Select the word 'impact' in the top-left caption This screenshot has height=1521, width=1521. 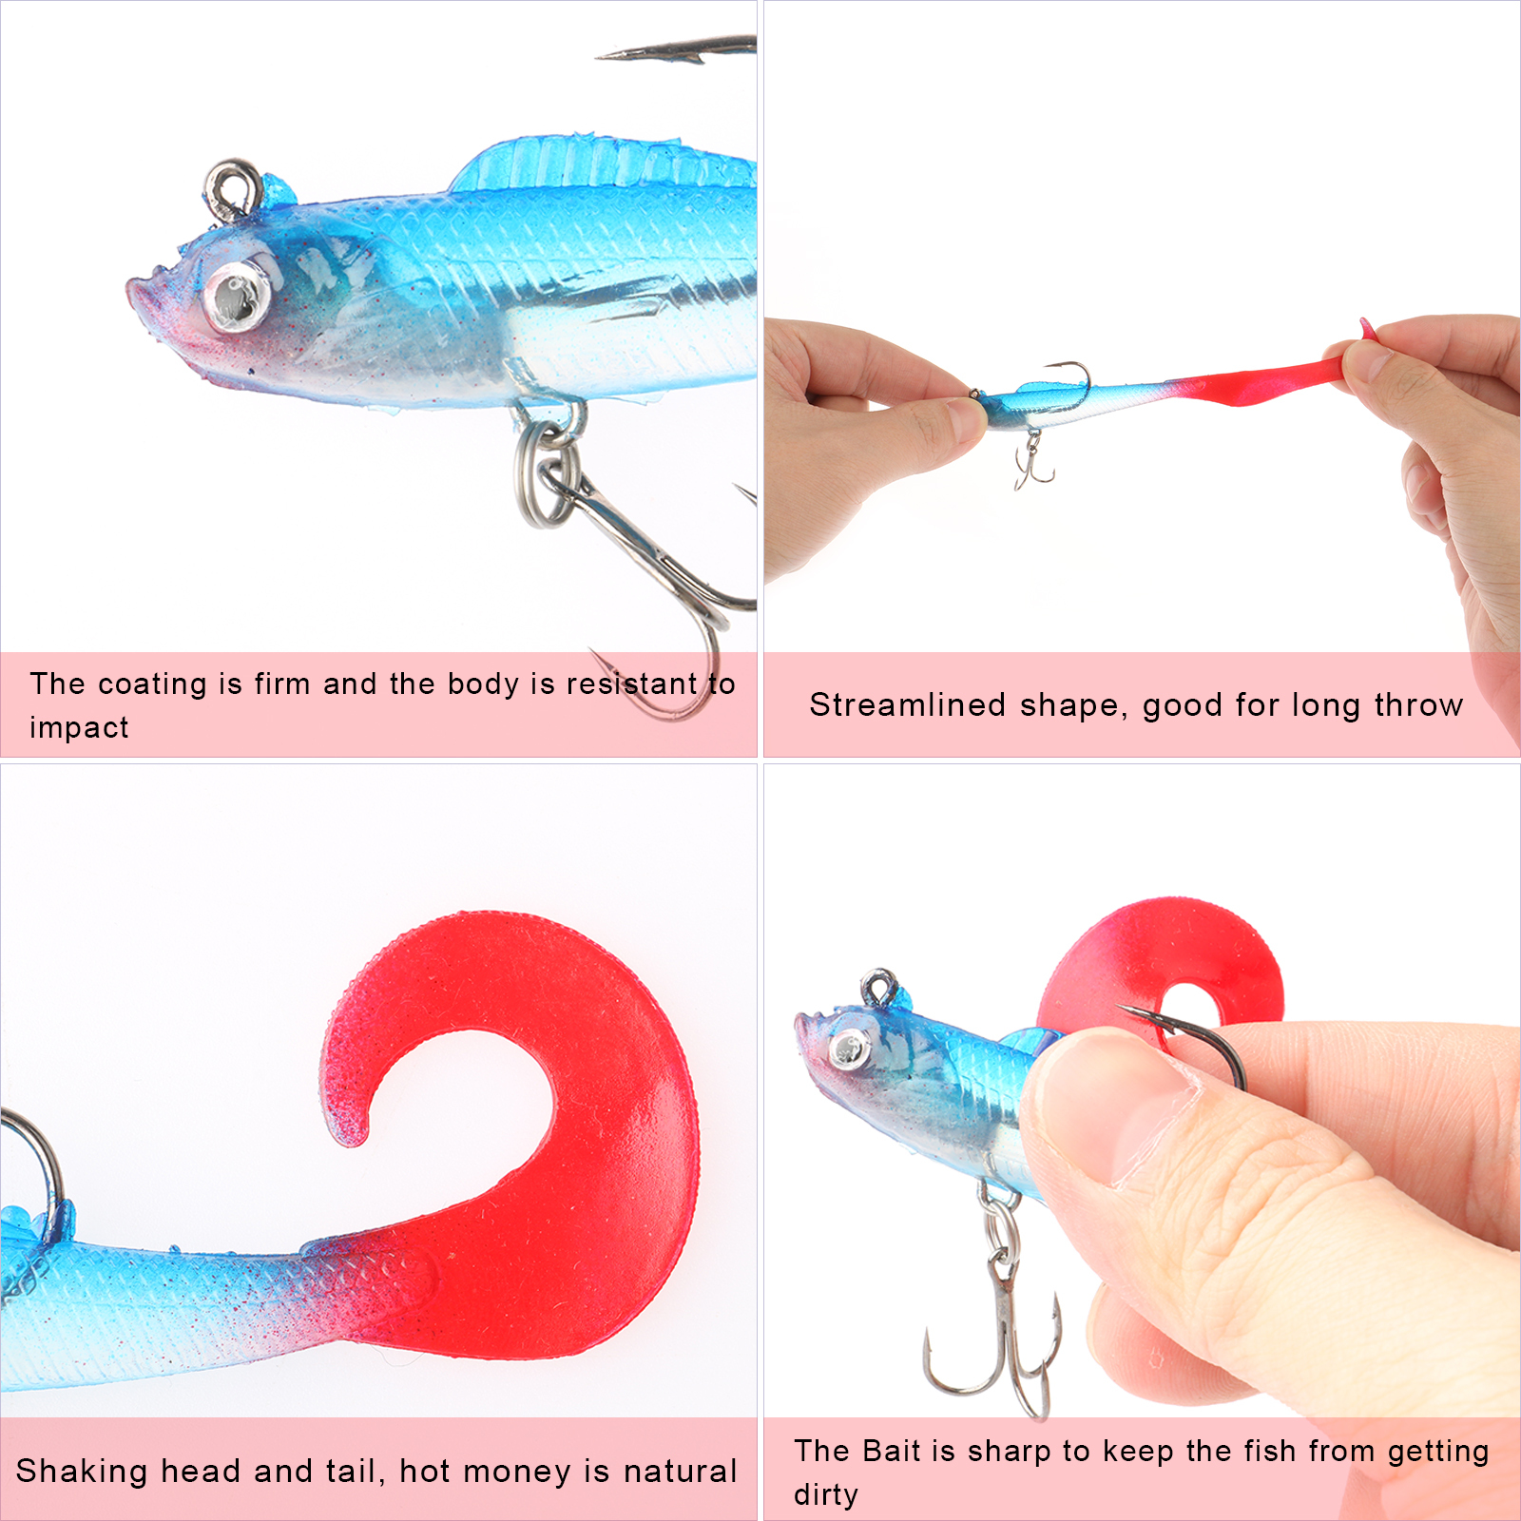(x=79, y=727)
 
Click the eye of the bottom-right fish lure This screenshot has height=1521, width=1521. (x=849, y=1049)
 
